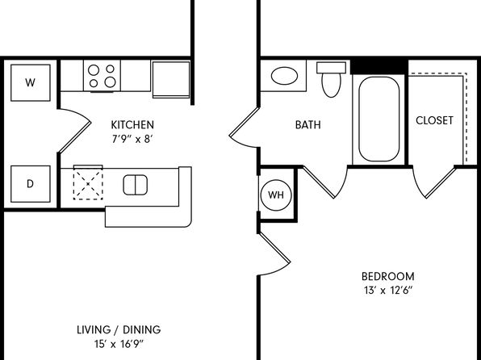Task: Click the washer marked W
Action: [x=31, y=82]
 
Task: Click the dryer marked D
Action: [x=31, y=184]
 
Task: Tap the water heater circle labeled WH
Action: [x=276, y=195]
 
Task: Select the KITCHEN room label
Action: [x=132, y=125]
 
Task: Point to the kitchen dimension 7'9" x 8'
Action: [x=132, y=140]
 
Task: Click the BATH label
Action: [x=308, y=125]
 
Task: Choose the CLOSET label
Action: [x=434, y=120]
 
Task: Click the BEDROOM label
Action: [x=387, y=277]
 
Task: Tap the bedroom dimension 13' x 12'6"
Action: [x=387, y=291]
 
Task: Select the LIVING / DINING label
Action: [x=119, y=329]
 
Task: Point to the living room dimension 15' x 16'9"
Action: [x=119, y=344]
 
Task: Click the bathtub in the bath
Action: [x=379, y=119]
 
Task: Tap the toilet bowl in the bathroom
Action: [x=332, y=85]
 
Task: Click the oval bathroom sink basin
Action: [x=284, y=76]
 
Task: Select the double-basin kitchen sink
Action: [x=136, y=185]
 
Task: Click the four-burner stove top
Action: [x=102, y=76]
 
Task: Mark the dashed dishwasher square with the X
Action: [x=88, y=184]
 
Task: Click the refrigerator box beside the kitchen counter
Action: [x=171, y=79]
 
